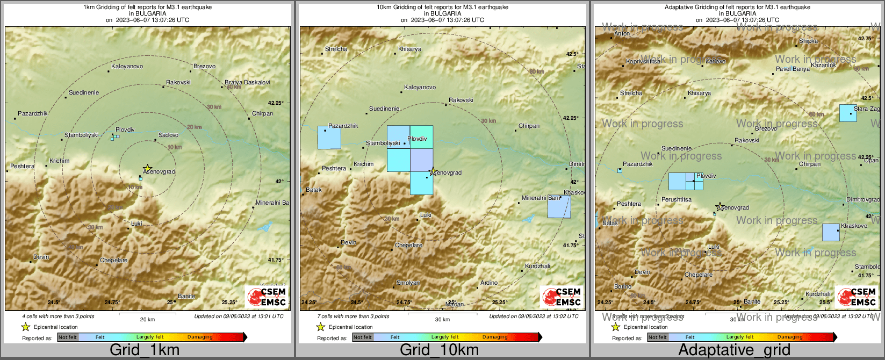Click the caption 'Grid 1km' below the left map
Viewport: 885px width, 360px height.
point(145,350)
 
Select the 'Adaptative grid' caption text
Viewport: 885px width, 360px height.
point(734,350)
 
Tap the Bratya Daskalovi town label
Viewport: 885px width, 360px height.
point(247,82)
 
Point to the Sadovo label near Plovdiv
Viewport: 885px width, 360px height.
point(168,135)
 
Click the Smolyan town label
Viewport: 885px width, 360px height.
point(408,283)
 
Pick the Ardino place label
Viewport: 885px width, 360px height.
point(489,283)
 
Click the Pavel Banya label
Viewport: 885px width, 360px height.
point(793,69)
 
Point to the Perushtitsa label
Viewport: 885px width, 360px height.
point(677,199)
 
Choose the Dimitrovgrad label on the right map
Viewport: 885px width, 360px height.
point(863,199)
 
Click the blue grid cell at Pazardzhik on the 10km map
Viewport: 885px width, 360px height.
point(329,138)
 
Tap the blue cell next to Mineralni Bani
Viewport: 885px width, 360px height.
point(559,207)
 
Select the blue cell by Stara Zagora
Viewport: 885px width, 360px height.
point(848,113)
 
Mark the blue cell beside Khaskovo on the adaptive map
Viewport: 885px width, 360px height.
point(831,232)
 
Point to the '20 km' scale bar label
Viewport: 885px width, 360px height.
point(147,319)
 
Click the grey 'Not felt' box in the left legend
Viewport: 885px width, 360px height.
point(68,337)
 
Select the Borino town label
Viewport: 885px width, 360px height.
point(623,286)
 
